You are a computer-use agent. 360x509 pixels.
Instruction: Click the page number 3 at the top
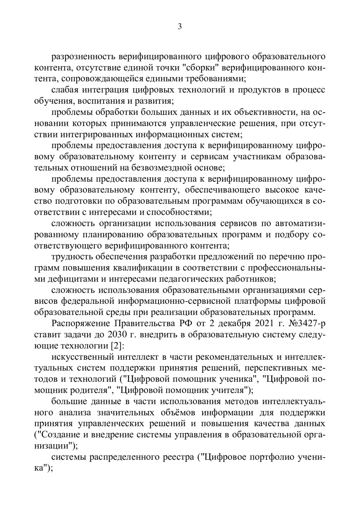click(180, 27)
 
